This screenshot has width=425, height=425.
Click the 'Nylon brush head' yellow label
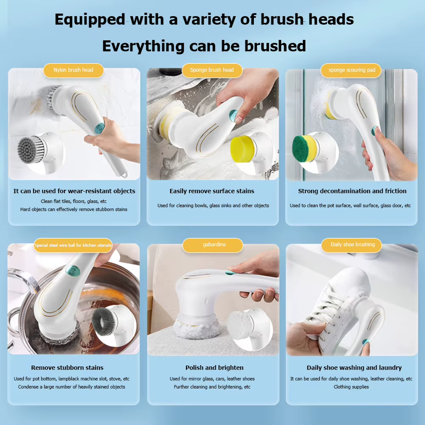click(x=73, y=70)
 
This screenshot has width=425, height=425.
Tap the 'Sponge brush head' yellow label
click(x=212, y=70)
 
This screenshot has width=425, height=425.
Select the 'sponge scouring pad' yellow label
click(x=352, y=70)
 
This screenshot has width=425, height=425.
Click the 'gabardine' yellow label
click(x=214, y=245)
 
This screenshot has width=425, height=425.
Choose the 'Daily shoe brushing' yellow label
click(x=353, y=245)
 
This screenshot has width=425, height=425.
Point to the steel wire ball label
click(x=73, y=245)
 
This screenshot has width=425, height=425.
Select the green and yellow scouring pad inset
click(x=304, y=148)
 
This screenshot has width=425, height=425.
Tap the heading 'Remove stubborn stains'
click(x=67, y=368)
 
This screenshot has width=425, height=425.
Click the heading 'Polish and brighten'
click(x=214, y=368)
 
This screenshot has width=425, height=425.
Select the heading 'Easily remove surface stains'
click(x=212, y=191)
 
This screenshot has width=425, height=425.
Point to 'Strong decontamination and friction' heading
click(x=352, y=191)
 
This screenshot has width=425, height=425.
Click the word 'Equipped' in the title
click(x=90, y=20)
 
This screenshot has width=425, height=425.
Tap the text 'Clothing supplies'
click(x=351, y=387)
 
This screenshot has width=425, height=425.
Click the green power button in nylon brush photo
click(x=99, y=127)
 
